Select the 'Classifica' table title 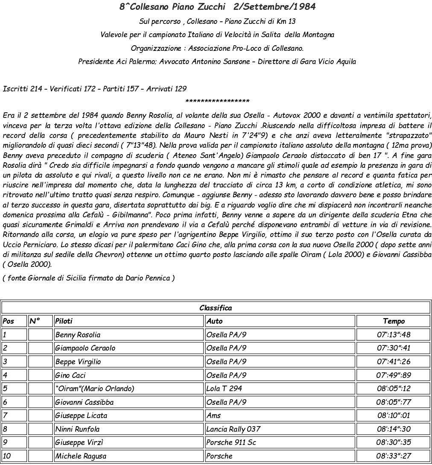pos(216,307)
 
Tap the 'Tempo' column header pos(393,321)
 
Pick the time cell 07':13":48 pos(393,335)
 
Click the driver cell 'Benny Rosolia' pos(78,335)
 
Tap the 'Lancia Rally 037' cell pos(233,429)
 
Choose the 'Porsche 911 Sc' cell pos(231,442)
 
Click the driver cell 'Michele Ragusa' pos(81,456)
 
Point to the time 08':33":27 pos(393,456)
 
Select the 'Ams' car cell pos(213,415)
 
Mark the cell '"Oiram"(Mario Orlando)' pos(94,389)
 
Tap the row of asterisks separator pos(217,102)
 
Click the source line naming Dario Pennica pos(88,278)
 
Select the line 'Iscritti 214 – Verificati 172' pos(94,89)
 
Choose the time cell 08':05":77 pos(393,402)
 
